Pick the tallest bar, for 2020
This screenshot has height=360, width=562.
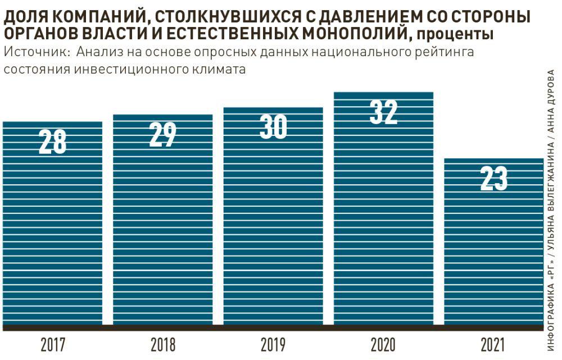click(384, 225)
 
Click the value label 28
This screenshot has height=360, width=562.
click(52, 142)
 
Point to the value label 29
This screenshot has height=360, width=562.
click(163, 134)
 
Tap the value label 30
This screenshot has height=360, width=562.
click(273, 127)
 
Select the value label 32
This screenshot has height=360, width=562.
click(384, 112)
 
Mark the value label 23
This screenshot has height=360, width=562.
click(494, 179)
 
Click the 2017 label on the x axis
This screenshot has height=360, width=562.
click(52, 344)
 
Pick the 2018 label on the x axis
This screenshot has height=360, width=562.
click(163, 344)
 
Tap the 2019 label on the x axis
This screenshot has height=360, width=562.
click(273, 344)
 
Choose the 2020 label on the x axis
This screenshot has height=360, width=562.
click(384, 344)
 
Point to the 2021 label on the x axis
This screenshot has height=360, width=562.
click(494, 344)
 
